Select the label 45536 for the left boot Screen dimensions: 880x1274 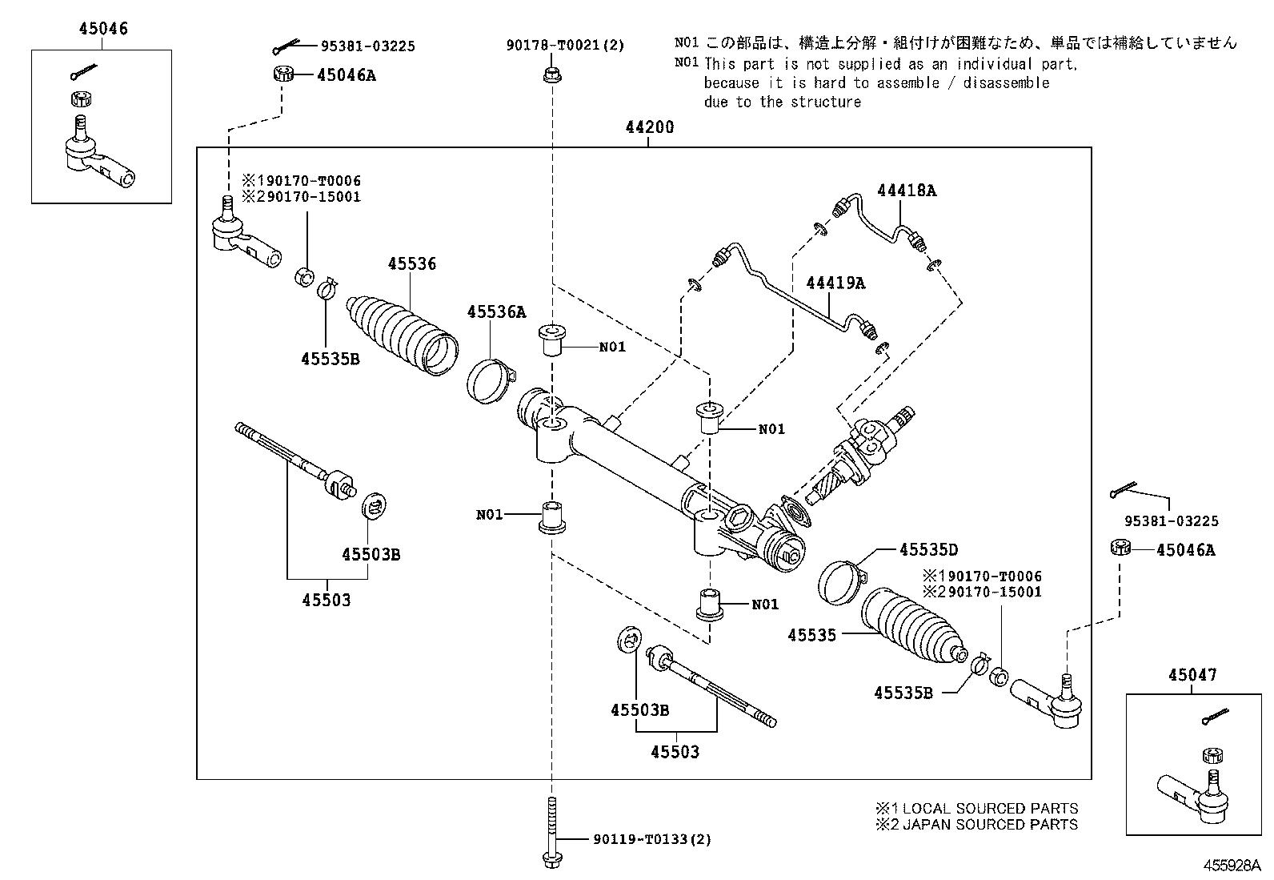[412, 263]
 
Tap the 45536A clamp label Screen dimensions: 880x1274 [496, 312]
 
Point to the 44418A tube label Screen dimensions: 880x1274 [906, 191]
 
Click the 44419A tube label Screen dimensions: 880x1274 [835, 283]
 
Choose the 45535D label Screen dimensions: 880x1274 [928, 550]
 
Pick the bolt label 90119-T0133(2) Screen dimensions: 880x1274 [652, 839]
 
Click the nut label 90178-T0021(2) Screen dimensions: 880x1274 [564, 46]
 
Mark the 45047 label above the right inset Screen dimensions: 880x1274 [1192, 675]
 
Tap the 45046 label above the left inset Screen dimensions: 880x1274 [103, 30]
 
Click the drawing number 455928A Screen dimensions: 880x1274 [1233, 866]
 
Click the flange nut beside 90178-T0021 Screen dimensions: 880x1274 [551, 76]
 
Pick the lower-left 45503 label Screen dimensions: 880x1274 [326, 600]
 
